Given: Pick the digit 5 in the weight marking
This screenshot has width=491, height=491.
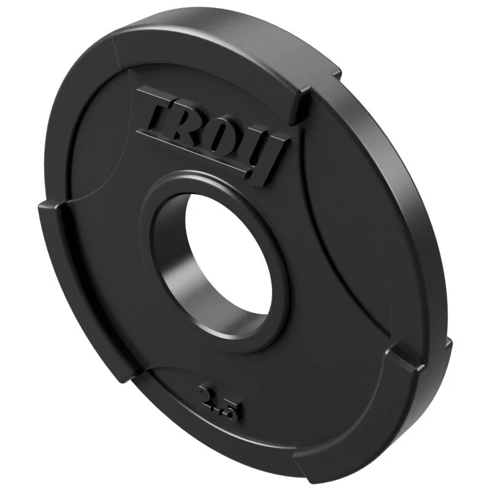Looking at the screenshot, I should point(232,410).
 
